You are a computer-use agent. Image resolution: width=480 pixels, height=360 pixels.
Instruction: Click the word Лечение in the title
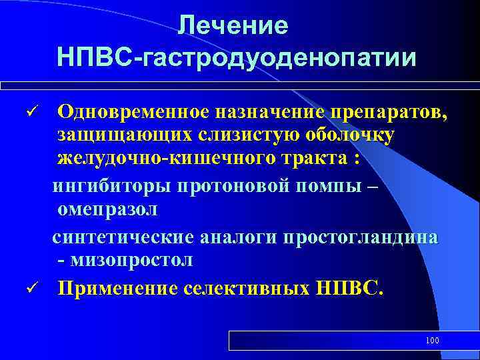[x=233, y=26]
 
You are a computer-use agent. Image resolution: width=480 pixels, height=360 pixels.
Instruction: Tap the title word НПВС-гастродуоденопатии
[x=237, y=57]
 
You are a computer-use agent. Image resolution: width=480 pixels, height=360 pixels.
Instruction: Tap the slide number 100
[x=432, y=341]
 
